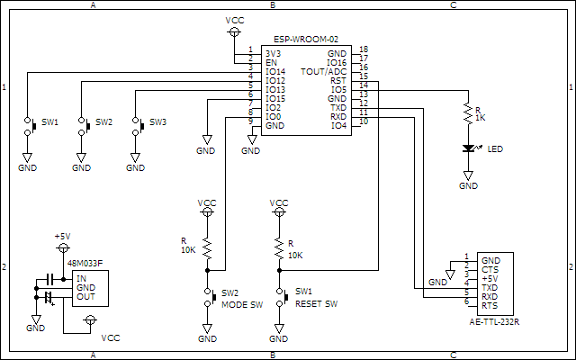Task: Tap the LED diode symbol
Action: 468,148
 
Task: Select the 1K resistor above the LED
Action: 468,113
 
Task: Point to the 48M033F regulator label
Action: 85,264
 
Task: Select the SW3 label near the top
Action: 157,121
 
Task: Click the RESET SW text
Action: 316,303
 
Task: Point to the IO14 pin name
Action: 275,72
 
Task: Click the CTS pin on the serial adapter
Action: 490,269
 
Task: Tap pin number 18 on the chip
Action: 363,49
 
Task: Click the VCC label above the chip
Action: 233,19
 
